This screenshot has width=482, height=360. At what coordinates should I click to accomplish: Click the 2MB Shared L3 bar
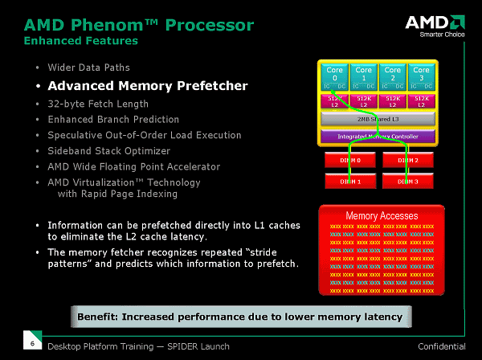click(378, 118)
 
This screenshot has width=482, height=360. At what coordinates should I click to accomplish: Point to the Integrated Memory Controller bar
click(378, 137)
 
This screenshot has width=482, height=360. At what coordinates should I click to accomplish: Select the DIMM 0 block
click(345, 160)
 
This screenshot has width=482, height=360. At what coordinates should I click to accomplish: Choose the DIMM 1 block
click(345, 181)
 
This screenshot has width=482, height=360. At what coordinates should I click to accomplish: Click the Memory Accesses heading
click(382, 216)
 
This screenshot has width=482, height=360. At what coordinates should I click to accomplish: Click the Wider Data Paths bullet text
click(88, 67)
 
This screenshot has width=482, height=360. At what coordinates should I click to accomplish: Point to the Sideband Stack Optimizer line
click(109, 151)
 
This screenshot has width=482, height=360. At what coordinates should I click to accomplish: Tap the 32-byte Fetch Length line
click(98, 104)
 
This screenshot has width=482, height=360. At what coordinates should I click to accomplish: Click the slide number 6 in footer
click(31, 344)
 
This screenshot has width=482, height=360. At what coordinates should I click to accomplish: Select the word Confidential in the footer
click(442, 346)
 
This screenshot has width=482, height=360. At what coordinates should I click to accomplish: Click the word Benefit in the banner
click(100, 317)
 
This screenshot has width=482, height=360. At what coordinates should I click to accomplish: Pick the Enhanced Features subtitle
click(80, 40)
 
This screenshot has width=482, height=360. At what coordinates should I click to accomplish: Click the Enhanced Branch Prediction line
click(113, 120)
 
